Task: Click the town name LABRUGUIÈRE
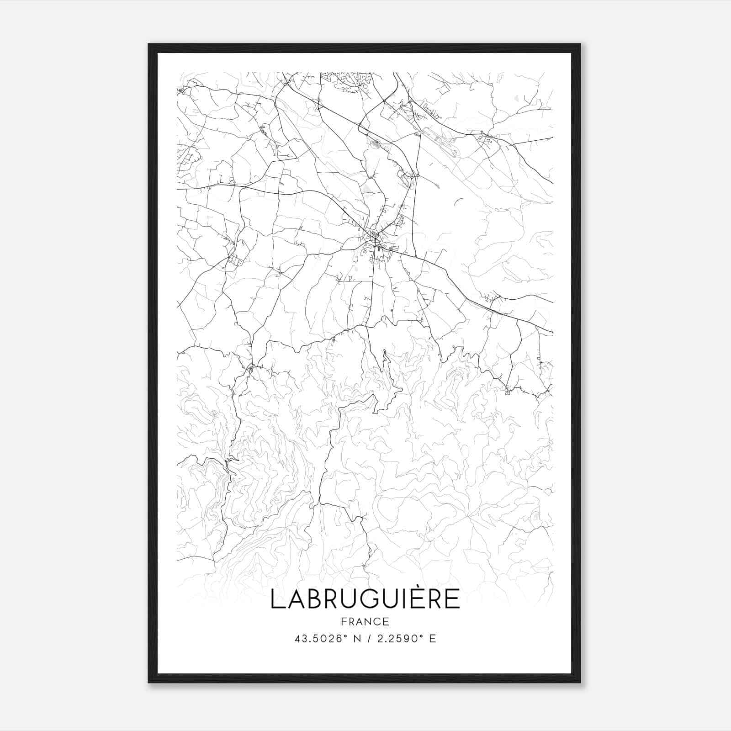[365, 599]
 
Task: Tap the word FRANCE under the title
[365, 621]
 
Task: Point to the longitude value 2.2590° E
[406, 638]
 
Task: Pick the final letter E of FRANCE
[386, 621]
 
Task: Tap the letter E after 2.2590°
[432, 638]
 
